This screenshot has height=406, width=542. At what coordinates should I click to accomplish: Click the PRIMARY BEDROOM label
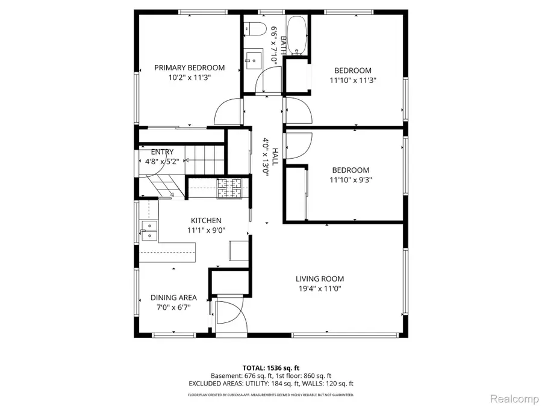point(189,68)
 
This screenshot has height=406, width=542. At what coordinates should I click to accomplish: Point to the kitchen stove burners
point(229,188)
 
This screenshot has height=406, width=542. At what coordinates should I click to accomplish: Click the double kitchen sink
point(149,231)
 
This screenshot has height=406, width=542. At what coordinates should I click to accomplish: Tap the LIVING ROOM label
point(319,278)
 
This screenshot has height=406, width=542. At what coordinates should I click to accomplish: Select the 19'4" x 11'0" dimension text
point(319,288)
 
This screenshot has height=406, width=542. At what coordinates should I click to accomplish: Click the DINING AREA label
point(173,298)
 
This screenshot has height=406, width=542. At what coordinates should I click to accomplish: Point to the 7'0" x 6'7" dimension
point(173,307)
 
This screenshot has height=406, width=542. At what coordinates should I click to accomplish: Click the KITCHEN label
point(206,221)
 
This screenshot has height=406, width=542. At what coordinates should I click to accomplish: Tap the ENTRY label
point(162,152)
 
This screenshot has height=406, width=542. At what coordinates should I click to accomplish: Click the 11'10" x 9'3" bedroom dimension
point(350,180)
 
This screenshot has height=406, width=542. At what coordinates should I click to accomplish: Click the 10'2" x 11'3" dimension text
point(189,78)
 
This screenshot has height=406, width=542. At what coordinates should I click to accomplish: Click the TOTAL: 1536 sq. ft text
point(270,367)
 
